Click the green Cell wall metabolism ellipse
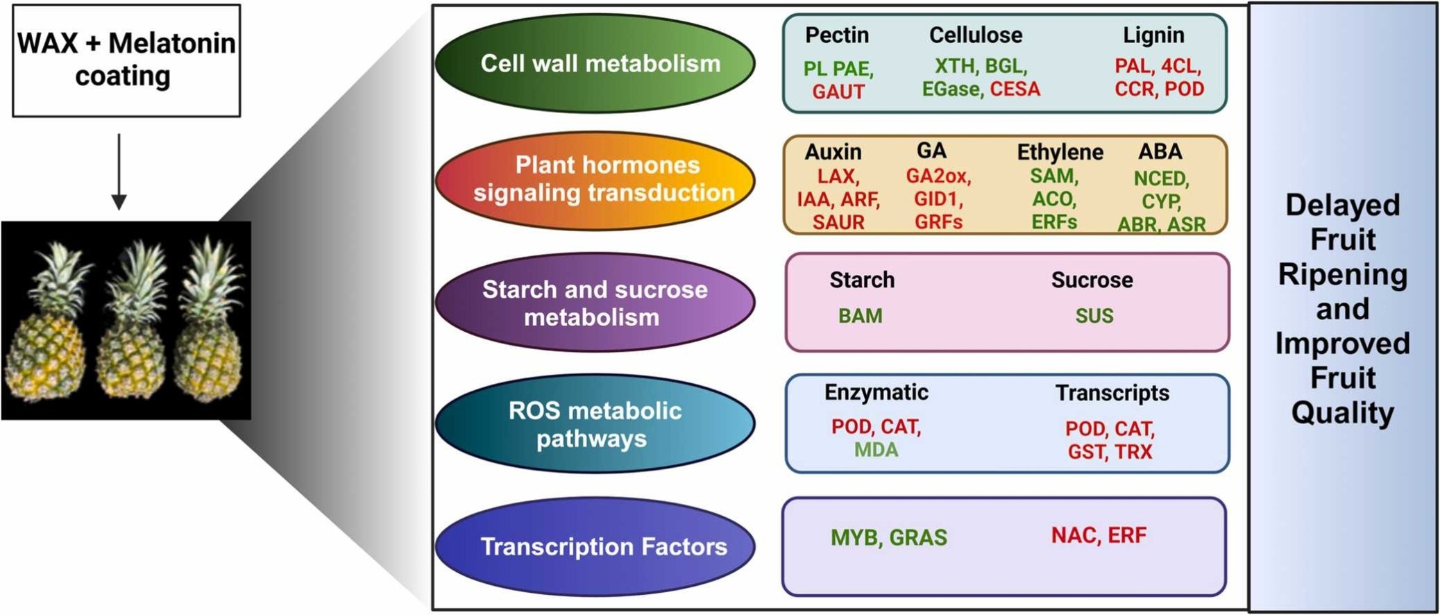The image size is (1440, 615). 595,63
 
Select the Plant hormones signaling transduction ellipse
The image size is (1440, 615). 595,180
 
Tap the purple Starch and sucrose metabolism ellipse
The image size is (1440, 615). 595,303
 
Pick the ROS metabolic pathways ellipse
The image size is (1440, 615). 595,423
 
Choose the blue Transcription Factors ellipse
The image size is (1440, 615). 595,546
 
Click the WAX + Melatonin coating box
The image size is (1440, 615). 126,60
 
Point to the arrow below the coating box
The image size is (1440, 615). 119,171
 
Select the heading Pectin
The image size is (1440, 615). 837,35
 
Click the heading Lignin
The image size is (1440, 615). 1153,35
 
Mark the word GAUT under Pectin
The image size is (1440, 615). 838,92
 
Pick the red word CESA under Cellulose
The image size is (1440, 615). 1015,90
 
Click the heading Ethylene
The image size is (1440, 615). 1060,152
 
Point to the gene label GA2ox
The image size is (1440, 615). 938,176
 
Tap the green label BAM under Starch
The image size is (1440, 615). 860,316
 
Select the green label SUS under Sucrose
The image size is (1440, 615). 1094,316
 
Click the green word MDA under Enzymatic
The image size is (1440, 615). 876,450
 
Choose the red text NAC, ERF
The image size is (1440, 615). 1099,535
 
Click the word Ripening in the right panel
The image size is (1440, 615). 1342,275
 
